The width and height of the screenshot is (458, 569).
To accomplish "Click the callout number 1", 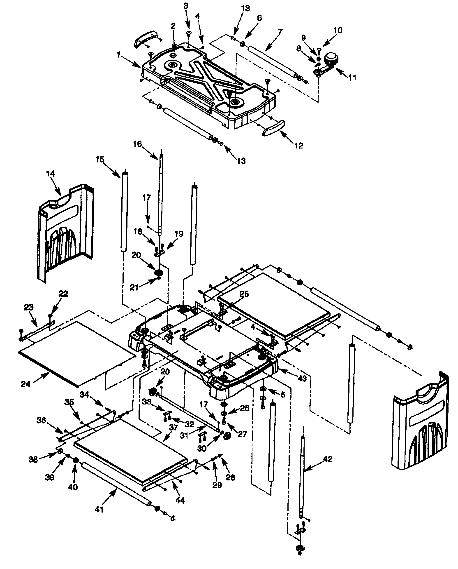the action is [119, 55].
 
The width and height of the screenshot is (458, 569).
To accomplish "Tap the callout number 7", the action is [280, 32].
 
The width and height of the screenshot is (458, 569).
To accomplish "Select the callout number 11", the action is [352, 78].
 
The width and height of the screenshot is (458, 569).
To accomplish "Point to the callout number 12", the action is [299, 145].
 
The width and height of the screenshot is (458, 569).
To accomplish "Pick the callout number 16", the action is [137, 144].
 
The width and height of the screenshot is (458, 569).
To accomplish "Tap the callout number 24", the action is [25, 384].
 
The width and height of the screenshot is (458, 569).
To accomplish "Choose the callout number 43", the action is [302, 379].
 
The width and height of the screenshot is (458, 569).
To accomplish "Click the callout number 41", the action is [99, 509].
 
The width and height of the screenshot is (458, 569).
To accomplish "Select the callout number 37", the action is [173, 427].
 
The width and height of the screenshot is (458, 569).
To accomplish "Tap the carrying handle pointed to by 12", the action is [273, 128].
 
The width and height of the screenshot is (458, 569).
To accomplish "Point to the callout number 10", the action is [338, 30].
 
